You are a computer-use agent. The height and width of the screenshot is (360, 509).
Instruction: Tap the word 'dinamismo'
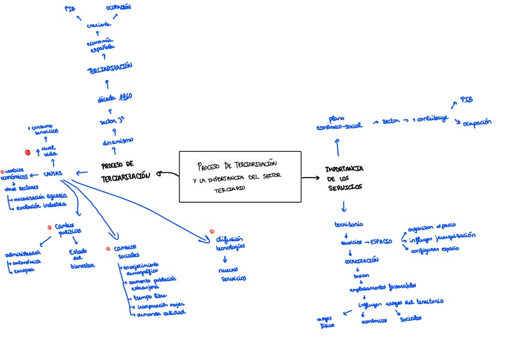[118, 141]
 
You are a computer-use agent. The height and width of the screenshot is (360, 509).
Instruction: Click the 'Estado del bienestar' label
[82, 259]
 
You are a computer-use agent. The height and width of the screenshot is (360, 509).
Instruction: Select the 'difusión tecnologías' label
[229, 243]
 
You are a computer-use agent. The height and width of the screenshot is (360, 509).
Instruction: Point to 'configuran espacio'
[435, 249]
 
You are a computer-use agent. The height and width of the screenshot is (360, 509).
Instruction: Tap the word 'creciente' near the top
[98, 26]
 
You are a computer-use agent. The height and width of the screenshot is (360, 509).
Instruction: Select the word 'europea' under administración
[24, 270]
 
